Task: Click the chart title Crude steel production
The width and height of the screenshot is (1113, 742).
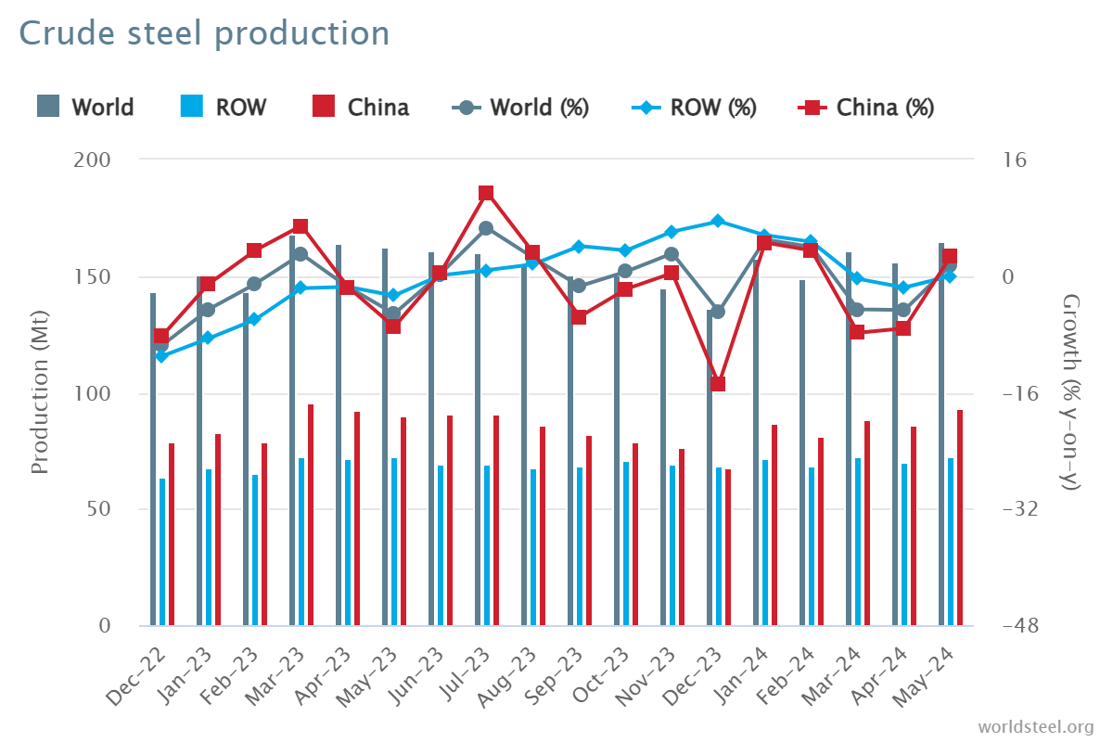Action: click(x=204, y=33)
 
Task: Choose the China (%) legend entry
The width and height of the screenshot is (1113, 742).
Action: click(x=866, y=108)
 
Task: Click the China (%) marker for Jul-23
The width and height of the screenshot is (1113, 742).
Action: click(x=486, y=193)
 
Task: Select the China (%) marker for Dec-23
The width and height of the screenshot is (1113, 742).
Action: click(x=718, y=384)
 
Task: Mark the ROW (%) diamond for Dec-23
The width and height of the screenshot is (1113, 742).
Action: click(x=718, y=222)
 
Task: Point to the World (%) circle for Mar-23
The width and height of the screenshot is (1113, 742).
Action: click(x=301, y=254)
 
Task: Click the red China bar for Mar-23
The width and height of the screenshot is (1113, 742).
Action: click(x=311, y=515)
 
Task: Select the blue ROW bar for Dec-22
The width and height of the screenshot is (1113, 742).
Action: click(x=162, y=552)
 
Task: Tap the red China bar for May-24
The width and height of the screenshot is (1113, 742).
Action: click(x=960, y=518)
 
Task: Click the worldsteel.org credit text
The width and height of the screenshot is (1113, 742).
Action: click(x=1035, y=725)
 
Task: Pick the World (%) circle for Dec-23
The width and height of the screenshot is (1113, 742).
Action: click(x=718, y=312)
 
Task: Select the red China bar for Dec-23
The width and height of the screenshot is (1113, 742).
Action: click(x=728, y=547)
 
